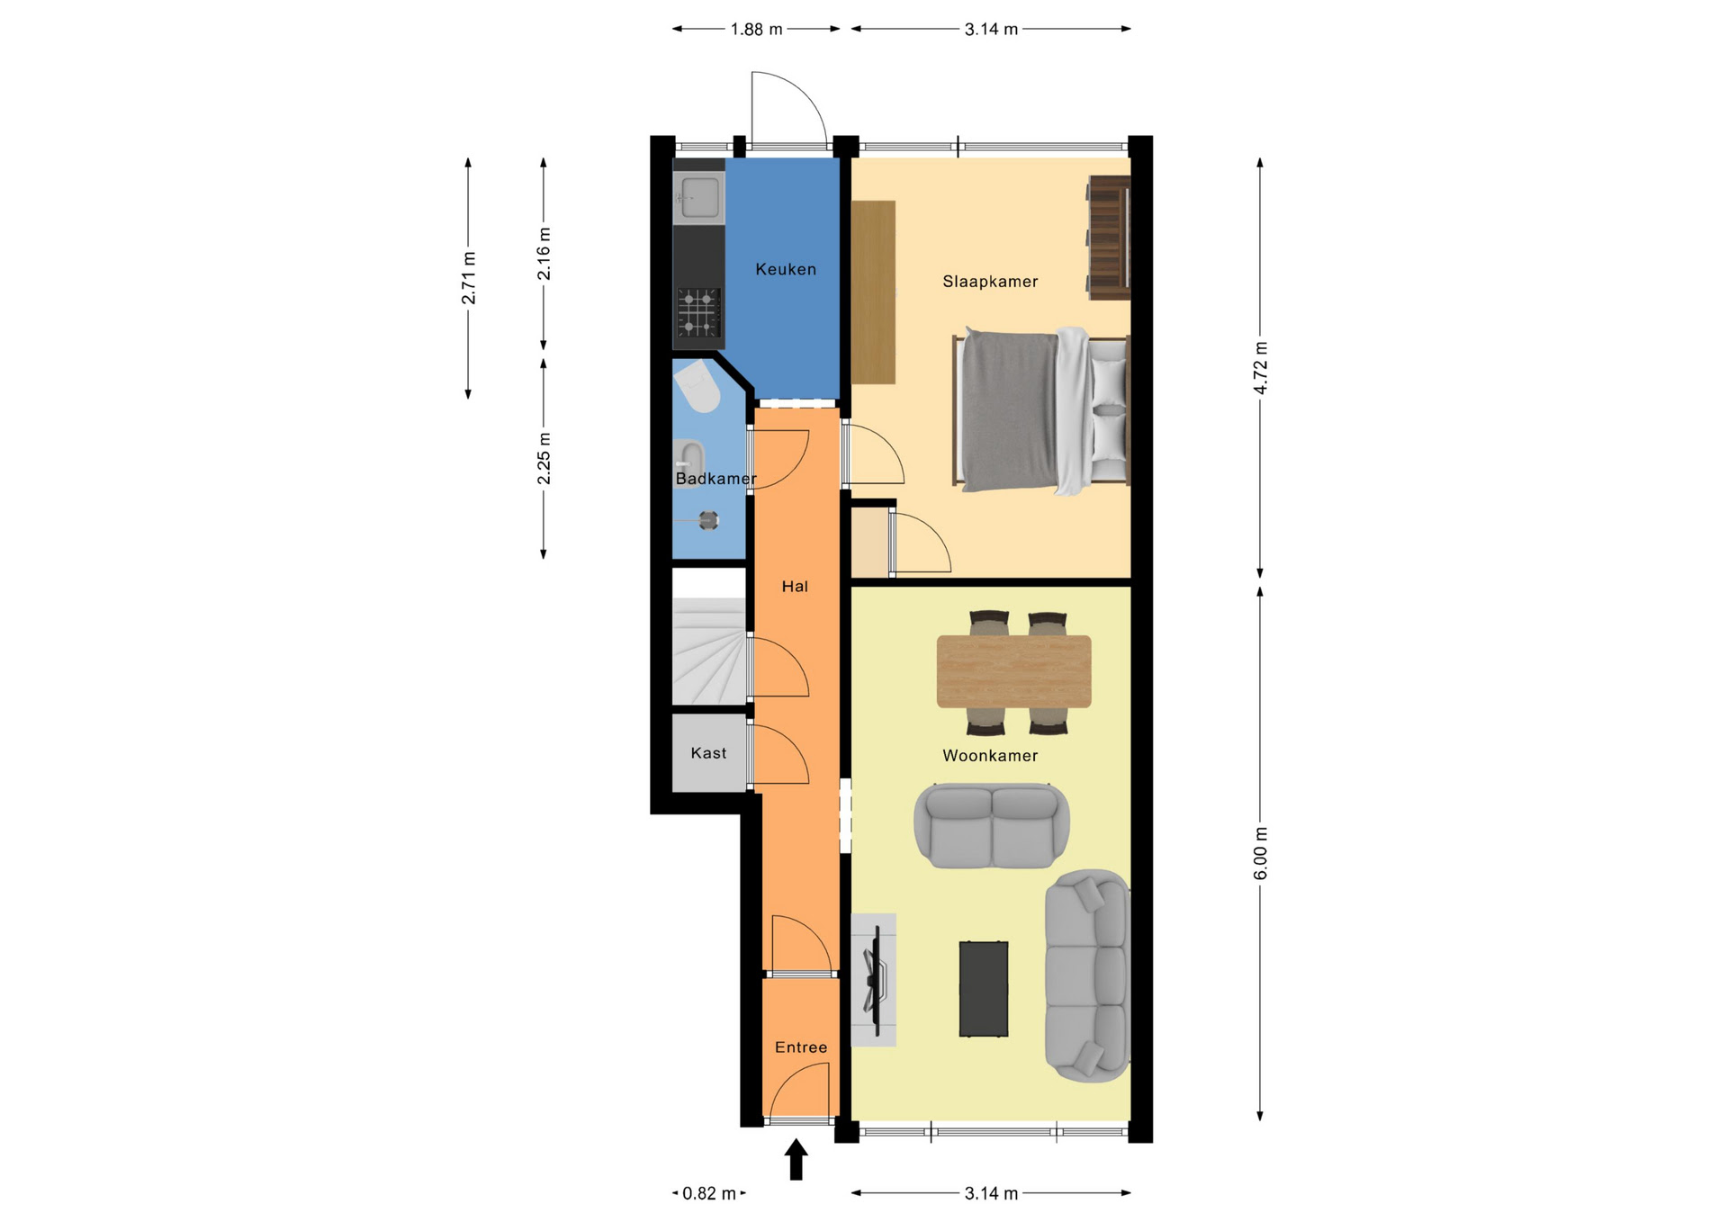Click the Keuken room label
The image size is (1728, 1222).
(x=786, y=269)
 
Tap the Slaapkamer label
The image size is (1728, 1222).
(x=990, y=282)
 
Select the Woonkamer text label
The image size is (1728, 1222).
(x=990, y=756)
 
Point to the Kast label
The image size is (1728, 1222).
(x=708, y=753)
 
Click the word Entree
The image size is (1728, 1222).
(x=801, y=1047)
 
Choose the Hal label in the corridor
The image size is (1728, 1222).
(x=795, y=587)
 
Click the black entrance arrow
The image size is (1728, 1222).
(x=796, y=1159)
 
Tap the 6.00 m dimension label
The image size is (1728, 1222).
(x=1260, y=854)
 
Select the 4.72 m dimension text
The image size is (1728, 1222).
(x=1260, y=368)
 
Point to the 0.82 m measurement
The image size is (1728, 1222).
(x=709, y=1194)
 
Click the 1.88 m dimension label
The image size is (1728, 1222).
(x=756, y=30)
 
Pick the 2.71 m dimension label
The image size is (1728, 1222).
(x=468, y=278)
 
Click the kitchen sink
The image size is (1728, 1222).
(x=699, y=197)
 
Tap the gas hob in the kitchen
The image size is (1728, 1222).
(x=698, y=312)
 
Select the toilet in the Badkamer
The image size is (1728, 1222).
(x=697, y=386)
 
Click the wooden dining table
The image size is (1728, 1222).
(x=1013, y=671)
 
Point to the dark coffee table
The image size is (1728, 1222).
(x=983, y=989)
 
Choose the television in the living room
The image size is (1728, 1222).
(x=874, y=980)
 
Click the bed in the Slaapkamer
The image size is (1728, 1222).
(x=1040, y=410)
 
